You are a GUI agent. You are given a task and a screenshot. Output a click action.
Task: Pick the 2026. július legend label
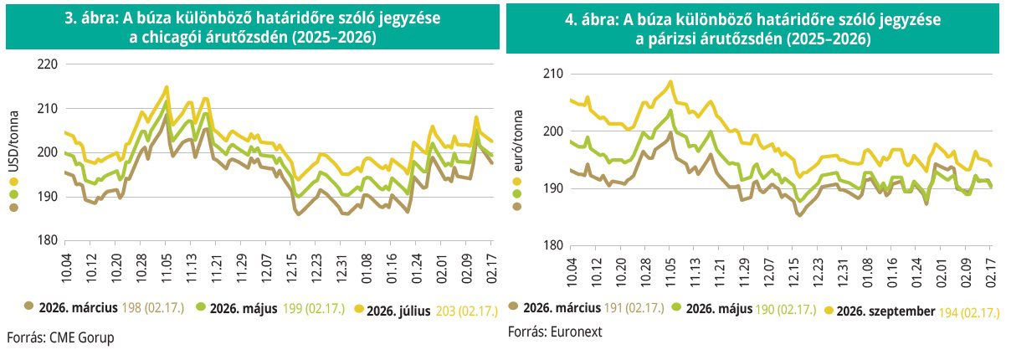[398, 311]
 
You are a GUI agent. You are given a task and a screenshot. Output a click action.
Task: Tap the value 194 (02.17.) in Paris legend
[970, 311]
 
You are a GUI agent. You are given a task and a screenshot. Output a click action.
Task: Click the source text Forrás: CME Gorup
[59, 337]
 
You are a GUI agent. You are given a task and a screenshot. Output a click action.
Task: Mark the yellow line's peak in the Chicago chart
[167, 87]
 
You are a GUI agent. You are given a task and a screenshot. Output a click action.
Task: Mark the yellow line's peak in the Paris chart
[670, 82]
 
